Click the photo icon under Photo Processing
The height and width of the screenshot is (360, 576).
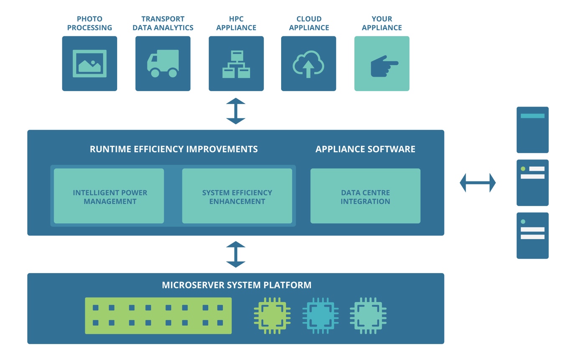pos(90,64)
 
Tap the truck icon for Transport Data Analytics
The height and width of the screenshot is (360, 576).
pos(163,64)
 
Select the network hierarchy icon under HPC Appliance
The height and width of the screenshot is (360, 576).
pos(236,64)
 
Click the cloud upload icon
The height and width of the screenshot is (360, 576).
pos(308,64)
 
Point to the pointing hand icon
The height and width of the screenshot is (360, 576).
pos(384,66)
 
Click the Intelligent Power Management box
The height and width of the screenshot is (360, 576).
pos(109,196)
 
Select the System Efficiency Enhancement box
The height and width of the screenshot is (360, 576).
pos(237,196)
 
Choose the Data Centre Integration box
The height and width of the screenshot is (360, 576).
pos(366,196)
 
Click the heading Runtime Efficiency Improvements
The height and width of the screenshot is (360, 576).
pos(174,149)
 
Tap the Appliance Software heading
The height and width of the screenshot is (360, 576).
pos(365,149)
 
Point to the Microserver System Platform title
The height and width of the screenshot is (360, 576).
pos(237,285)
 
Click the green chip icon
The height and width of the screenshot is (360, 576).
pos(272,316)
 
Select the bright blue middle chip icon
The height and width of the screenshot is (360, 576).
pos(320,316)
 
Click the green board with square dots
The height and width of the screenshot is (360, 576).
pos(158,316)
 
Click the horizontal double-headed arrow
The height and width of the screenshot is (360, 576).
pos(478,183)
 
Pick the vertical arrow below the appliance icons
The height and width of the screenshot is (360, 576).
pos(236,111)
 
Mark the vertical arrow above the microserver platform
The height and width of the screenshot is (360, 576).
pos(236,254)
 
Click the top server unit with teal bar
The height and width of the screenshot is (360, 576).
pos(532,130)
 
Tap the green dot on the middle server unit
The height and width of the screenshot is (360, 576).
pos(523,169)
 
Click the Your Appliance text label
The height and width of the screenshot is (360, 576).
pos(381,23)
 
